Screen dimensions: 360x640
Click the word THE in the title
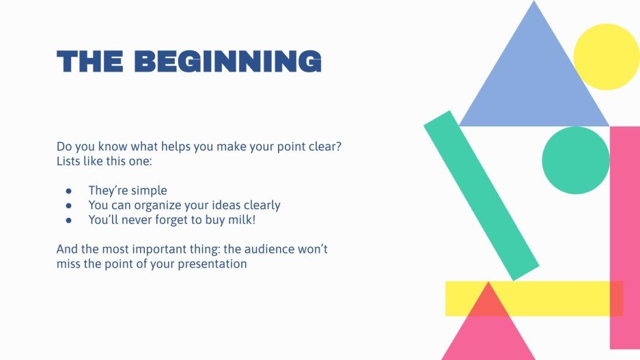click(x=89, y=61)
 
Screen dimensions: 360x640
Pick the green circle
click(x=575, y=160)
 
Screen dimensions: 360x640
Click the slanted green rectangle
click(x=481, y=195)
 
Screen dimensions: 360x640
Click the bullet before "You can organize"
click(x=68, y=206)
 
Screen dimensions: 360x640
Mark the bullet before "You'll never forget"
click(x=68, y=221)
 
